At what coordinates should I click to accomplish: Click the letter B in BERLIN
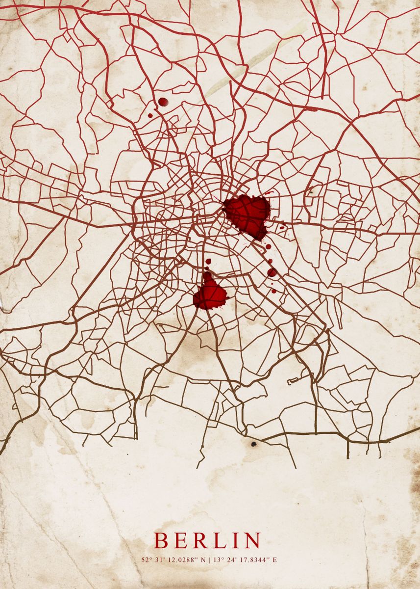pyautogui.click(x=161, y=540)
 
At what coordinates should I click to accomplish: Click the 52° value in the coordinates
pyautogui.click(x=146, y=560)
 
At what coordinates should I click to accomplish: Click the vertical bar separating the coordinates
pyautogui.click(x=208, y=560)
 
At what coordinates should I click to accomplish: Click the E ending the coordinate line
pyautogui.click(x=274, y=560)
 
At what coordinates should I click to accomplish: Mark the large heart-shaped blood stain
pyautogui.click(x=247, y=214)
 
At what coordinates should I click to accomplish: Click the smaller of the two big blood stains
pyautogui.click(x=210, y=294)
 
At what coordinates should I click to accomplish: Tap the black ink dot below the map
pyautogui.click(x=254, y=444)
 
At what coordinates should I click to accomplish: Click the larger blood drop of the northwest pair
pyautogui.click(x=163, y=102)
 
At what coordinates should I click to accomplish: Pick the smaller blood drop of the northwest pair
pyautogui.click(x=150, y=116)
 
